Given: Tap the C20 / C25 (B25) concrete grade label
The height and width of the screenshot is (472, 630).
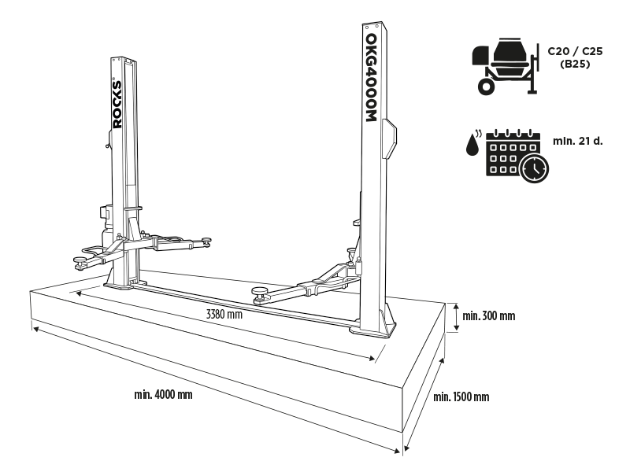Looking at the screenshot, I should (570, 57).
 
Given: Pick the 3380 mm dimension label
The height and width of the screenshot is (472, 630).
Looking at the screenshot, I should (222, 315).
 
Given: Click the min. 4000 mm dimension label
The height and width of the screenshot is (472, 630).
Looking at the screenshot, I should (163, 393).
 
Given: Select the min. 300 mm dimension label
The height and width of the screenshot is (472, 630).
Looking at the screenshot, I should (488, 316).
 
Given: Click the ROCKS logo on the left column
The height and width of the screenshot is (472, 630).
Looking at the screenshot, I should (117, 103).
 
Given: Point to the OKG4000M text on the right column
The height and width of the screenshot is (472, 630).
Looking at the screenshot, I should (372, 77).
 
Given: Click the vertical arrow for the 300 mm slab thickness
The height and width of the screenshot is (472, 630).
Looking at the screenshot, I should (455, 317).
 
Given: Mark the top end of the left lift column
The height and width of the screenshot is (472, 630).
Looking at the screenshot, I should (123, 59).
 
